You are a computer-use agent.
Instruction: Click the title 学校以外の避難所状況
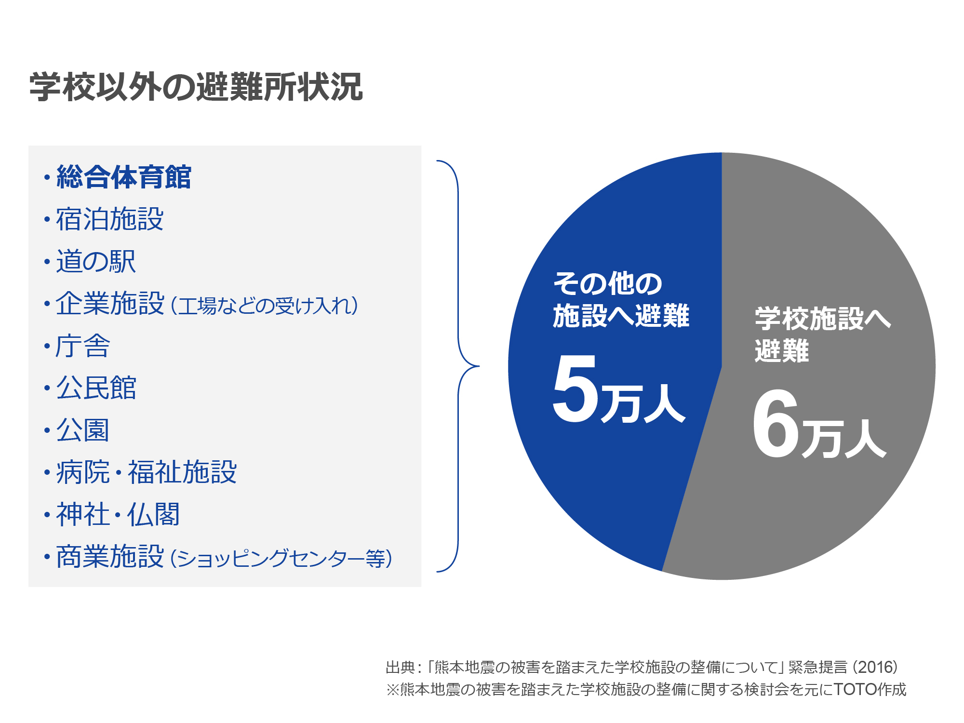point(196,87)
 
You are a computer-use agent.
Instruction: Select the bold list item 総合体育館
point(124,177)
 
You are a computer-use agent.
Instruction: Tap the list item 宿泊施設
point(110,219)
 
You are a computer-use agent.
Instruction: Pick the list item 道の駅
point(96,261)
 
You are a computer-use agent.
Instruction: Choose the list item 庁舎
point(83,346)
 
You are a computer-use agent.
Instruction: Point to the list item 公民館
point(96,388)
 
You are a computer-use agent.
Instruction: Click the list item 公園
point(83,430)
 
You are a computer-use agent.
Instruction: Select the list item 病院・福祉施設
point(147,472)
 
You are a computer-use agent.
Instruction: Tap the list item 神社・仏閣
point(118,514)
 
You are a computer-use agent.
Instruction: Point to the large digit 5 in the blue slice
point(575,388)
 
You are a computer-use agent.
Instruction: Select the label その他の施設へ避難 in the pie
point(621,299)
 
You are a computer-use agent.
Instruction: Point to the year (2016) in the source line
point(876,667)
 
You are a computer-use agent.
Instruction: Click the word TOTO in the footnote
point(856,689)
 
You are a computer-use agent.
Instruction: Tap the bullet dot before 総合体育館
point(47,177)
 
